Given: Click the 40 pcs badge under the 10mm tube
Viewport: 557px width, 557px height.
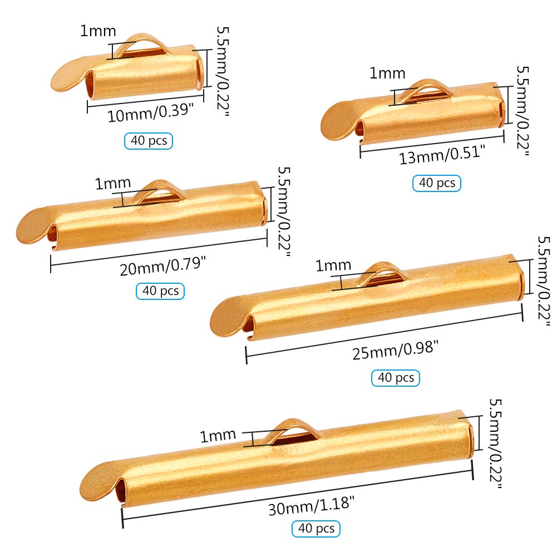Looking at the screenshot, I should [149, 141].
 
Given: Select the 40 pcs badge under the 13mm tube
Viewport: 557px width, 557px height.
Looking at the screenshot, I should [437, 183].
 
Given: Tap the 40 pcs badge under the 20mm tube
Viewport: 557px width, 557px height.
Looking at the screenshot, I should [160, 290].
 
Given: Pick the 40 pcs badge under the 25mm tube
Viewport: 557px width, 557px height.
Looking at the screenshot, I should [396, 378].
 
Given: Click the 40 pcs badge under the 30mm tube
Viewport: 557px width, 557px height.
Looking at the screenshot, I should [317, 528].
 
